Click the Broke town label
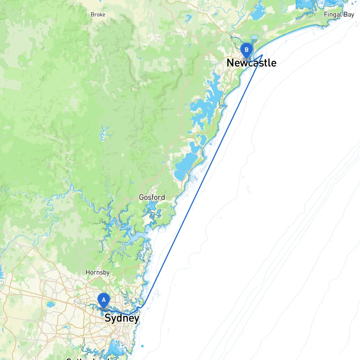[x=98, y=15]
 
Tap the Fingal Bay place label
[x=339, y=14]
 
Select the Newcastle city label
[x=251, y=63]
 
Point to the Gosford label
[x=152, y=197]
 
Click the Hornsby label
[x=98, y=273]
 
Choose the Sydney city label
[x=122, y=318]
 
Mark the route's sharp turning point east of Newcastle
[x=262, y=55]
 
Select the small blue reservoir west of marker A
[x=51, y=304]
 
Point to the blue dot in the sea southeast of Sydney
[x=142, y=346]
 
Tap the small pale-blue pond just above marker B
[x=254, y=37]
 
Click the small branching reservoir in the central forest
[x=104, y=134]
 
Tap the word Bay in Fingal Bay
[x=349, y=14]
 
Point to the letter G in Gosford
[x=142, y=197]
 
